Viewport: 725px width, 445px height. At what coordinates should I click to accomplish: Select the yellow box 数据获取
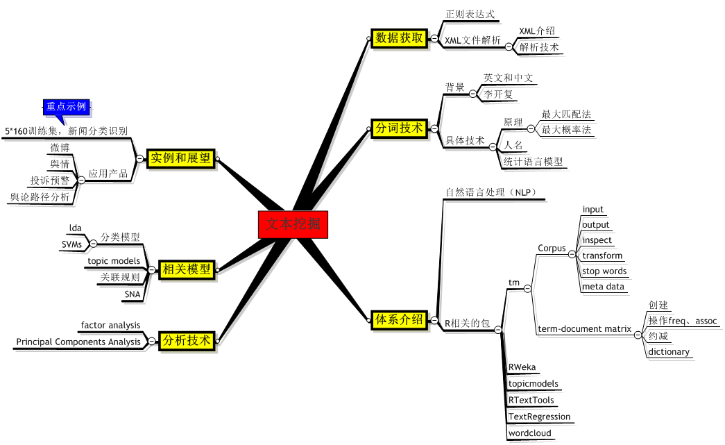click(x=399, y=38)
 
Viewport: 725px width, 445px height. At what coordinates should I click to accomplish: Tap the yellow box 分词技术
click(x=399, y=128)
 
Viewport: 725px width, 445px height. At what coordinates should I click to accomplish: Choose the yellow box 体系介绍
click(x=399, y=320)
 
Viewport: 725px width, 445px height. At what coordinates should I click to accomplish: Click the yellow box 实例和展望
click(x=180, y=158)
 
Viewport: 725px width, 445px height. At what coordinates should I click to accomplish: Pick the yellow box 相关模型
click(x=185, y=269)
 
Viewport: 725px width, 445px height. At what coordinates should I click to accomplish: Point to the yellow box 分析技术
click(x=185, y=341)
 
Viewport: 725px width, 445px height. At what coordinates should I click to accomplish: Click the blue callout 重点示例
click(x=66, y=107)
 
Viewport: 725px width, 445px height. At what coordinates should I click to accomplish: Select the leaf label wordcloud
click(x=530, y=433)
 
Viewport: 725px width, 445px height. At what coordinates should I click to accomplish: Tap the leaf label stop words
click(x=604, y=271)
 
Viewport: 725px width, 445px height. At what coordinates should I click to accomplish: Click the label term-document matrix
click(x=585, y=329)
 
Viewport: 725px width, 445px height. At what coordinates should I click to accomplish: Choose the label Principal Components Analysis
click(x=78, y=342)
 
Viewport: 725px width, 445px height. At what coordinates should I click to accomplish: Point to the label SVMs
click(x=71, y=245)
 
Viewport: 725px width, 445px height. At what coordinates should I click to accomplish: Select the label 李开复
click(x=498, y=94)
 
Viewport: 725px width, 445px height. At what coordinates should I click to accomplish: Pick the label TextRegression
click(x=539, y=417)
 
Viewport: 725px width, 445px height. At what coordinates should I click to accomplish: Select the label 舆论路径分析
click(x=40, y=197)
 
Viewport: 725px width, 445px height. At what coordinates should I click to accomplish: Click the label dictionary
click(x=669, y=352)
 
